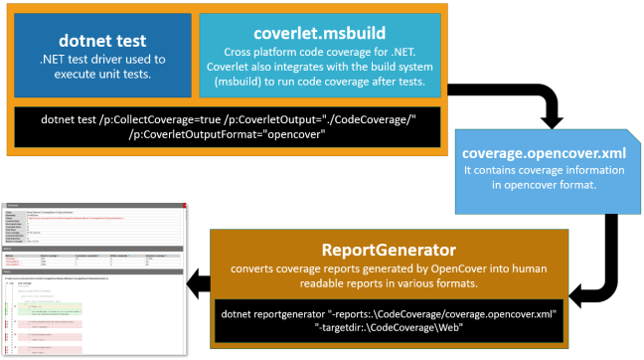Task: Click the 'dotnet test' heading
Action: pyautogui.click(x=102, y=41)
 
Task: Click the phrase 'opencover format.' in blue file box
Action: pyautogui.click(x=549, y=186)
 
